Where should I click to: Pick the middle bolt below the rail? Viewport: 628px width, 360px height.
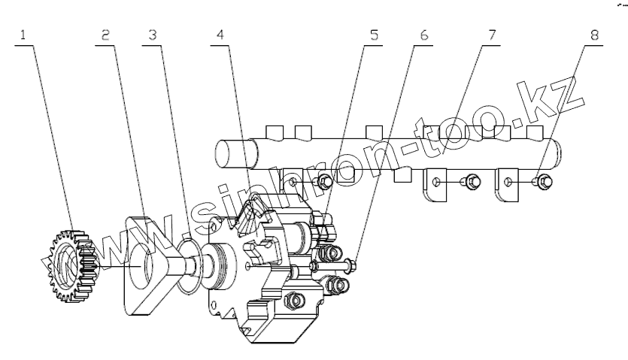472,181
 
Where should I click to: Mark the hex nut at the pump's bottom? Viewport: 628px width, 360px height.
295,300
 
